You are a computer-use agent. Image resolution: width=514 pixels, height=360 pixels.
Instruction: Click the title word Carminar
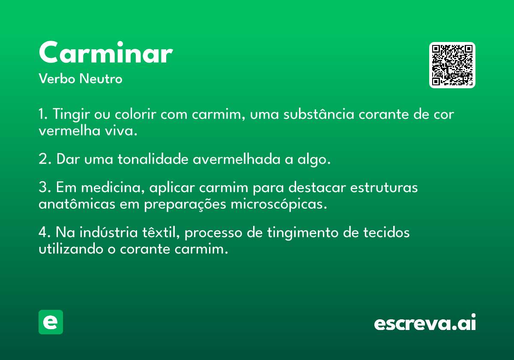tap(106, 52)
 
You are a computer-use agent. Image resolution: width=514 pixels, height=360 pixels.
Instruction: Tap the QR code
tap(452, 65)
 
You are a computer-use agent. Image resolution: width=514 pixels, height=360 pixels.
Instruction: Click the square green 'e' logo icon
tap(51, 322)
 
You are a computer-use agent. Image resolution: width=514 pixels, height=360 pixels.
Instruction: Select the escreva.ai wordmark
tap(425, 322)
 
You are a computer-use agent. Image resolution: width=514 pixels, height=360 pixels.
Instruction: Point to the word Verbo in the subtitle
tap(57, 78)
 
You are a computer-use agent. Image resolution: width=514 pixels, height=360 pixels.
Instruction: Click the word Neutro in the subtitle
tap(101, 78)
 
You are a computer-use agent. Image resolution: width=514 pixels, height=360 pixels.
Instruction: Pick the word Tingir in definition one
tap(71, 114)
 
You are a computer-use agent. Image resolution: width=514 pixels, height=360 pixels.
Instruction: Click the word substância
tap(319, 114)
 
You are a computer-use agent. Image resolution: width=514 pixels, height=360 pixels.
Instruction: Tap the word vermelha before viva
tap(69, 130)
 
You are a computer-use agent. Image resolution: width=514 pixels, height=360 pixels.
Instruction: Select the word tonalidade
tap(153, 159)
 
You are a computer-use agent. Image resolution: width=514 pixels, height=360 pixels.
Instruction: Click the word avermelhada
tap(236, 159)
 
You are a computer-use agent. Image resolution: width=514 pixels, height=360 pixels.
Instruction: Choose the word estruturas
tap(384, 187)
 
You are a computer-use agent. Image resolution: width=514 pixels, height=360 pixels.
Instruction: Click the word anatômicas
tap(77, 204)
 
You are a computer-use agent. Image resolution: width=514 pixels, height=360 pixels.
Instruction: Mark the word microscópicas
tap(279, 204)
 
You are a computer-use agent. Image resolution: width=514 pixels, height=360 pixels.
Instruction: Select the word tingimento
tap(303, 233)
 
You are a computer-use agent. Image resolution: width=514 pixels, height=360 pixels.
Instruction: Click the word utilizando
tap(71, 249)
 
